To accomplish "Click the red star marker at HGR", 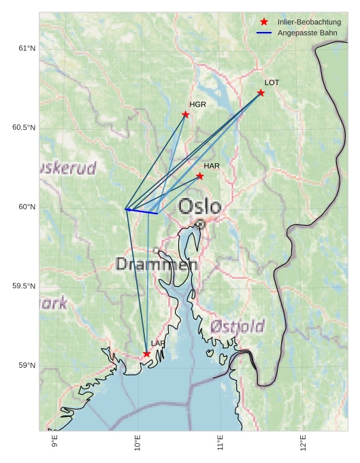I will [x=185, y=115].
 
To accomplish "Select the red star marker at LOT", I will [x=261, y=93].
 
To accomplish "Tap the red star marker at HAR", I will [x=199, y=176].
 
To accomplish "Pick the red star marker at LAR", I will [x=146, y=354].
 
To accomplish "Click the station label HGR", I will [x=197, y=105].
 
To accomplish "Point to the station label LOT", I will [x=272, y=83].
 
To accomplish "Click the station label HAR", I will [x=212, y=166].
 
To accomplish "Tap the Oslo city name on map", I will [x=199, y=207].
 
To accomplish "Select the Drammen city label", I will [x=157, y=264].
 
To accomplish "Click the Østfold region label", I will [x=237, y=326].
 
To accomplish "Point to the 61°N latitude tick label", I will [x=27, y=48].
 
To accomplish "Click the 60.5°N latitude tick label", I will [x=24, y=128].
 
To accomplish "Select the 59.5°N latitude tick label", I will [x=24, y=286].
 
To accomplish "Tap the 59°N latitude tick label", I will [x=27, y=366].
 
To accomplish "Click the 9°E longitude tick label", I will [x=55, y=443].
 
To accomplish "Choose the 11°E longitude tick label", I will [x=220, y=443].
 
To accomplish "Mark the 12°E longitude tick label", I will [x=303, y=443].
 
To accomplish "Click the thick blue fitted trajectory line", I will [x=142, y=211].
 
